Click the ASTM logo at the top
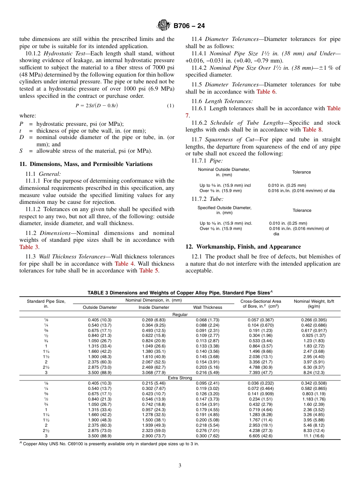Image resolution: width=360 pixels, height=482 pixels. coord(164,26)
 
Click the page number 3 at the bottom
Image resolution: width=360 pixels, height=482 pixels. coord(180,466)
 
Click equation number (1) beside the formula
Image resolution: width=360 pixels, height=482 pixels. coord(171,106)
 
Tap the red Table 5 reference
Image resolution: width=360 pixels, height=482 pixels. coord(149,271)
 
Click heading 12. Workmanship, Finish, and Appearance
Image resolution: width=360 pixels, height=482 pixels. coord(243,247)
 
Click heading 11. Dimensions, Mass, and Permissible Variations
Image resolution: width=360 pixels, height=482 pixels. coord(86,164)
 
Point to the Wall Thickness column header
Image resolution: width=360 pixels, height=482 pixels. coord(208,307)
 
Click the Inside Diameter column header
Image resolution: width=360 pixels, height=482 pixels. coord(154,307)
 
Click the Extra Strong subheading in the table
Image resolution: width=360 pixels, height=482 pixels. coord(180,378)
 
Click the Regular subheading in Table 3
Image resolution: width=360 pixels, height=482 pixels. coord(180,315)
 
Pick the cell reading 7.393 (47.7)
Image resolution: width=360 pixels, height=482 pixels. coord(261,372)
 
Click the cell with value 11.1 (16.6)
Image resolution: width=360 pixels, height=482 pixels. coord(314,436)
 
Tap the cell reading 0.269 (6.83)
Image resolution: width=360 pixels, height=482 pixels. coord(154,320)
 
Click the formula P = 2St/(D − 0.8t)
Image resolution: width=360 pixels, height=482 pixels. coord(97,106)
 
